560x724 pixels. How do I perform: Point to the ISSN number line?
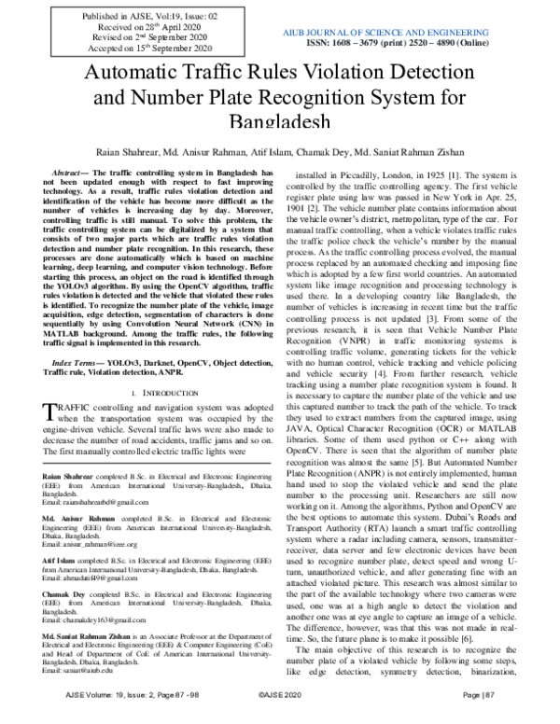pos(413,43)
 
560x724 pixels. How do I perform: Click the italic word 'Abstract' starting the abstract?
pos(69,174)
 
